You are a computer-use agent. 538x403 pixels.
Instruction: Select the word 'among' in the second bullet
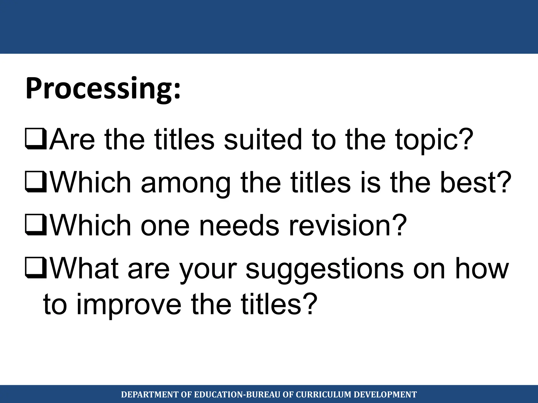pos(185,183)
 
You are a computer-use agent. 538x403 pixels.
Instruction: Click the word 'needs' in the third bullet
pos(239,225)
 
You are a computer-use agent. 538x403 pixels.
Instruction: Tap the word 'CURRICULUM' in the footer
pos(323,395)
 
